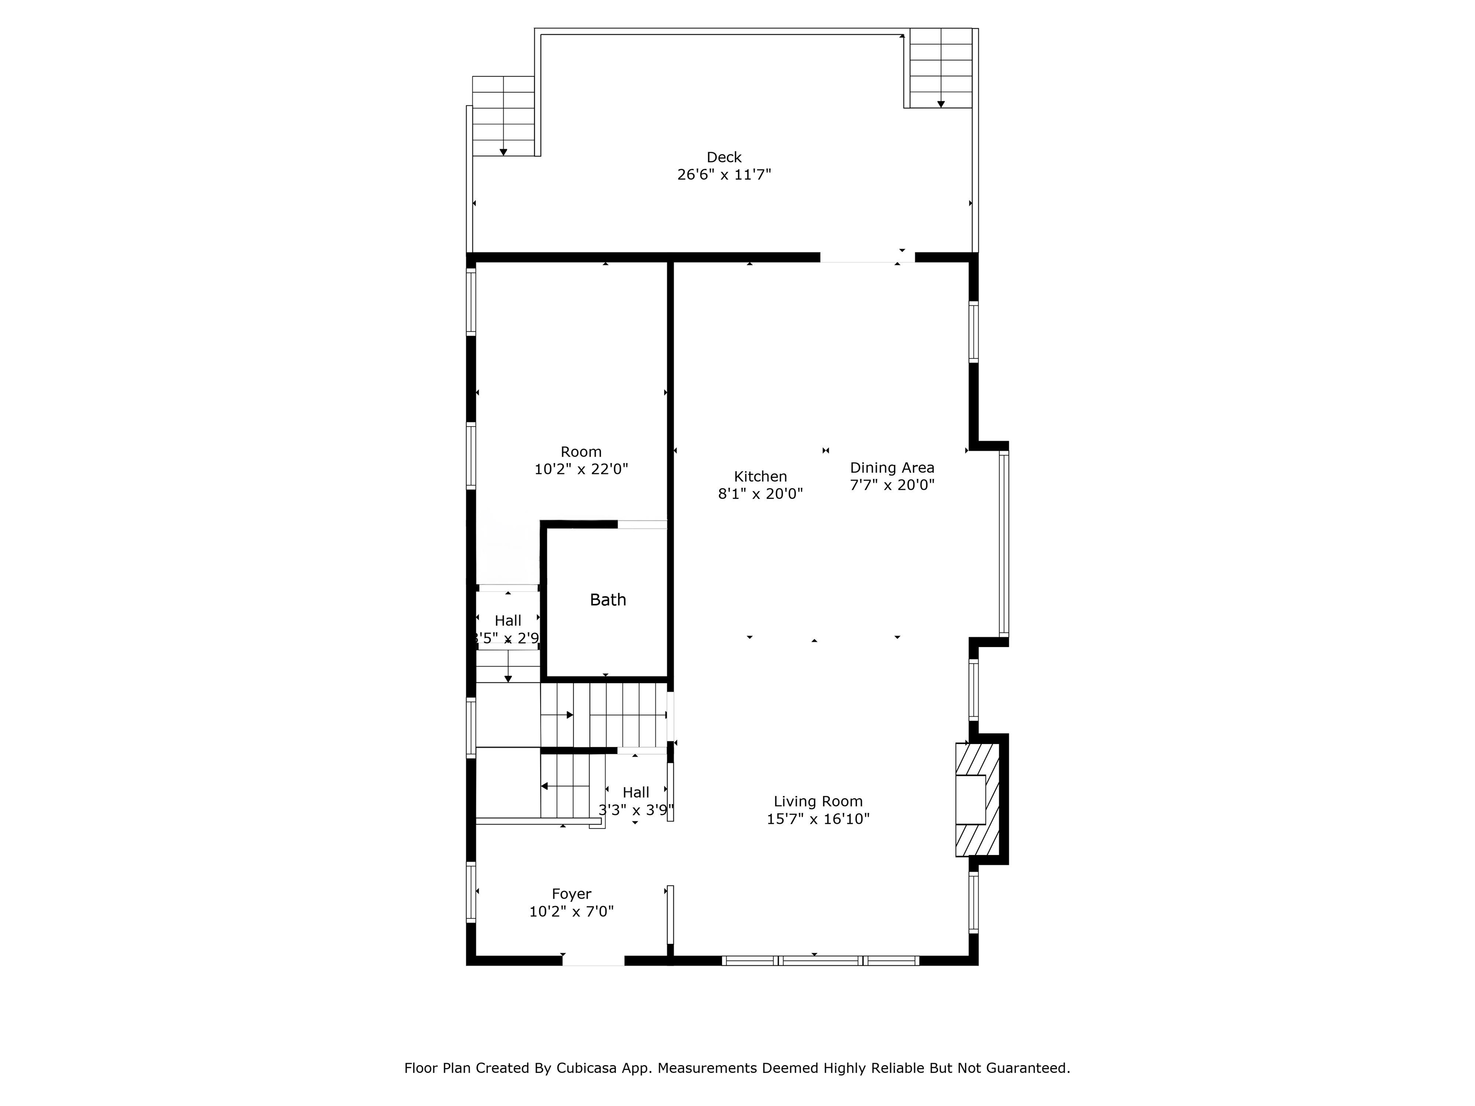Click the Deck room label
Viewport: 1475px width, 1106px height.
click(724, 157)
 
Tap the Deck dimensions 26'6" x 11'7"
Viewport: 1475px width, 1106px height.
click(724, 175)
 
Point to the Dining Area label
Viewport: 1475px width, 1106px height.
click(892, 468)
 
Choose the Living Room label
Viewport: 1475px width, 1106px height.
click(818, 801)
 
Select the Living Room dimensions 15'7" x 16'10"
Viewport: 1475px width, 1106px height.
click(818, 818)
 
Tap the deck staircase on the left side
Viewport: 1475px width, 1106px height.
click(504, 116)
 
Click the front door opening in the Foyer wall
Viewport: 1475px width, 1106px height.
click(593, 961)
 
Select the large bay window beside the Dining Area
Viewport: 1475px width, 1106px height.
click(1003, 543)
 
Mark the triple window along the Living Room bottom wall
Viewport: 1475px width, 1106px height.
click(820, 961)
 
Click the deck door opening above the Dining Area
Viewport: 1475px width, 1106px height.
click(868, 257)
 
